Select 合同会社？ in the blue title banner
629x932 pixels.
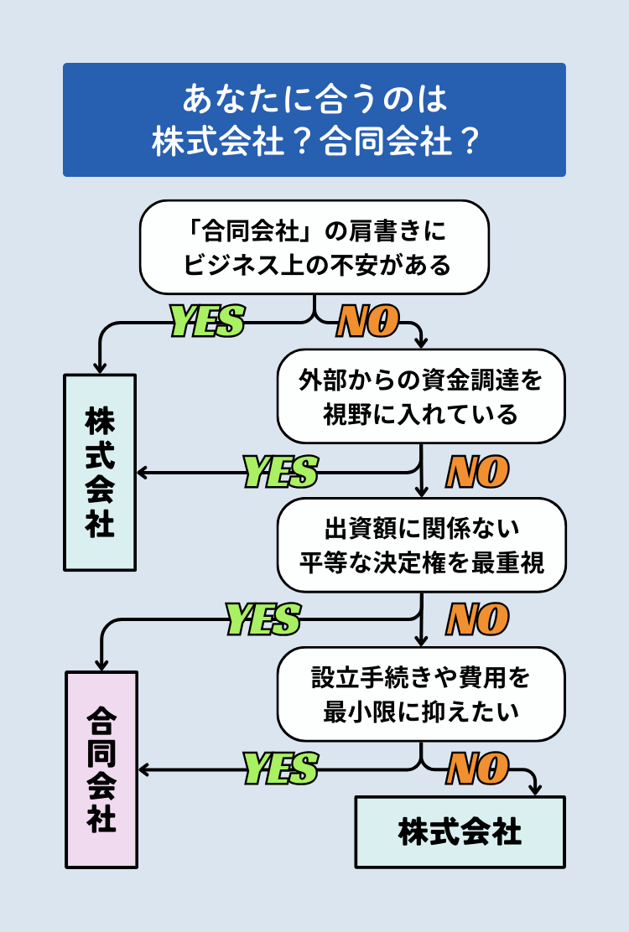click(x=400, y=141)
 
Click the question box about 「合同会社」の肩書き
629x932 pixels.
click(x=314, y=247)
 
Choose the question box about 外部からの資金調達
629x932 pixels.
click(x=421, y=396)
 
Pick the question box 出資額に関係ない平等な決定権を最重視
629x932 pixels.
click(x=421, y=545)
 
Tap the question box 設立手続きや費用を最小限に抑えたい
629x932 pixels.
click(x=421, y=694)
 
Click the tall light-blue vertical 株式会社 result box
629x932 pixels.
click(x=100, y=472)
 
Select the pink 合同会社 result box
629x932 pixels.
click(x=101, y=769)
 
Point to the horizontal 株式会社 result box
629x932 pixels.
click(x=460, y=831)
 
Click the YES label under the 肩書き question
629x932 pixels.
click(x=207, y=321)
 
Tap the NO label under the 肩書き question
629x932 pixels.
click(x=367, y=321)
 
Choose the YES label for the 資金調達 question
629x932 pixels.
click(x=280, y=472)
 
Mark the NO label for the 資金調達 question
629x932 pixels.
click(x=477, y=472)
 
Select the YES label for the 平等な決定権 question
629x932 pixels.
click(x=263, y=620)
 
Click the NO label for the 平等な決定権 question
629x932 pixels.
click(x=477, y=620)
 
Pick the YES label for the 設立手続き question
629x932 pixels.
click(x=280, y=769)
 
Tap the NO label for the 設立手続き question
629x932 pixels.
click(x=477, y=769)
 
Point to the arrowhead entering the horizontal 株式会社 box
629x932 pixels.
click(x=534, y=790)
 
